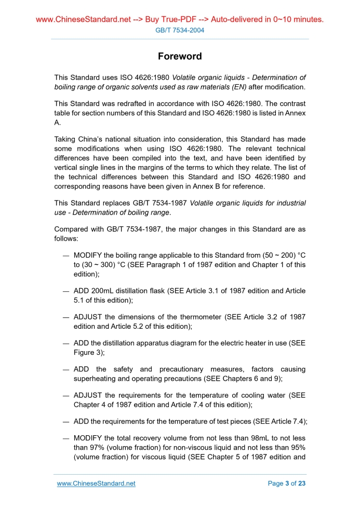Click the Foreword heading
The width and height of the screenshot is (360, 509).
tap(180, 56)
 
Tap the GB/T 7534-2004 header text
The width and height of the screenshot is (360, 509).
tap(180, 30)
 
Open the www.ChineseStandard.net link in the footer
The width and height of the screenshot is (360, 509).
tap(96, 484)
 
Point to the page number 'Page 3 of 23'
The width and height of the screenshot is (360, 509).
tap(286, 484)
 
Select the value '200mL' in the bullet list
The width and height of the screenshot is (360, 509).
tap(102, 291)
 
